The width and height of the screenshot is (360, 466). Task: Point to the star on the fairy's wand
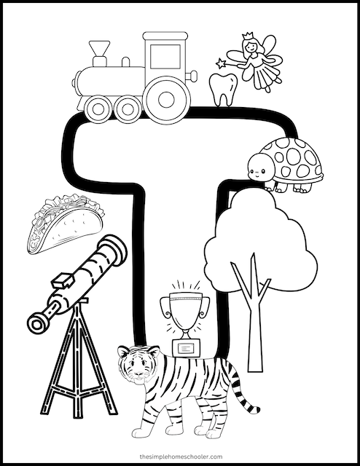216,63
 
